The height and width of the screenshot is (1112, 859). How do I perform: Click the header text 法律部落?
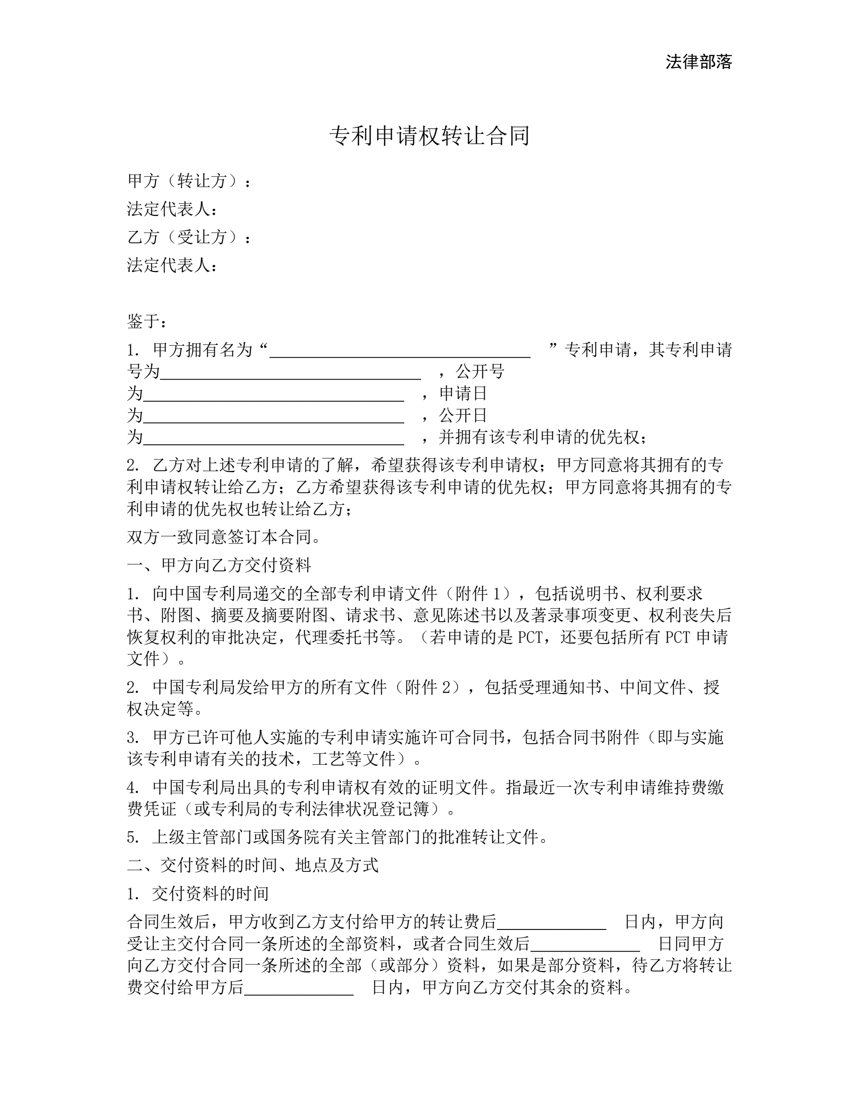click(x=698, y=62)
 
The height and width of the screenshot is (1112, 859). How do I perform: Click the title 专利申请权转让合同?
click(x=429, y=136)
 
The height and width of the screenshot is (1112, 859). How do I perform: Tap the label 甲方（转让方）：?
click(x=189, y=181)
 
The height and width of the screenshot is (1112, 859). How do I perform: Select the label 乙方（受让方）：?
click(x=189, y=237)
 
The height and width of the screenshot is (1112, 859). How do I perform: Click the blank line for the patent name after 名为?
click(x=400, y=351)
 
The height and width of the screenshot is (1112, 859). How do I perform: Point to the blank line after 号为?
click(x=290, y=373)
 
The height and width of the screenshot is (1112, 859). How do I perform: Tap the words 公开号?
click(x=480, y=372)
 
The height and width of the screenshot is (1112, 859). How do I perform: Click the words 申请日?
click(x=463, y=393)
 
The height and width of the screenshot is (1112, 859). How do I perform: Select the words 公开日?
click(x=463, y=415)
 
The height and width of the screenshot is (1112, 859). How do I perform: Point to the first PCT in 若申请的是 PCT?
click(x=532, y=637)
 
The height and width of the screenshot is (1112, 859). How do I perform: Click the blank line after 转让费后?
click(x=552, y=922)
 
